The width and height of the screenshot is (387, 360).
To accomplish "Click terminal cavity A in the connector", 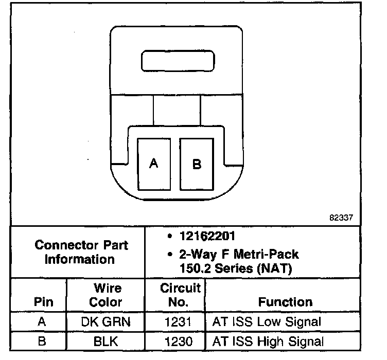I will pyautogui.click(x=153, y=164).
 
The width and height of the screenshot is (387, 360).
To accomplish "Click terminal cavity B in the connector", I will pyautogui.click(x=196, y=164).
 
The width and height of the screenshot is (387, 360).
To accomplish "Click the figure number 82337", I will pyautogui.click(x=341, y=218).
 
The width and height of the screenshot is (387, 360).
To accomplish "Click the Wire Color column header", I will pyautogui.click(x=106, y=295).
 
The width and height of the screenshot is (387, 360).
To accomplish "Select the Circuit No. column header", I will pyautogui.click(x=174, y=295).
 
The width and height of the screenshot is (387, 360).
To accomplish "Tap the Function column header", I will pyautogui.click(x=285, y=302).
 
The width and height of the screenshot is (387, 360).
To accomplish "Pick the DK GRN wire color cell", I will pyautogui.click(x=106, y=322).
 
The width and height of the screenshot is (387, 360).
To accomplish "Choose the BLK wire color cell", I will pyautogui.click(x=106, y=340).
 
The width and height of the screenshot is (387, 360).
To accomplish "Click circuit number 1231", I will pyautogui.click(x=174, y=322).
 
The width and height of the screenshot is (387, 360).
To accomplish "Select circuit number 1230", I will pyautogui.click(x=174, y=340).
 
